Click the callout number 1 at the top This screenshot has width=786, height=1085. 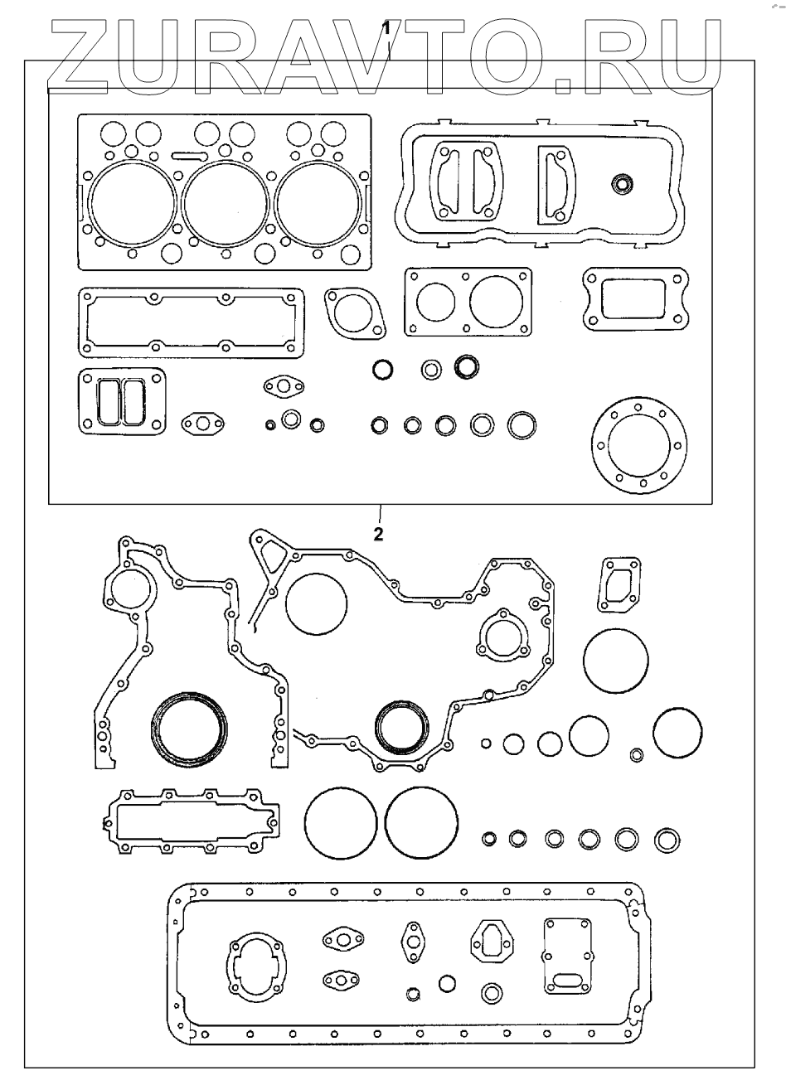pos(386,28)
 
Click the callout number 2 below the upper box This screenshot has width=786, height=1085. pos(378,535)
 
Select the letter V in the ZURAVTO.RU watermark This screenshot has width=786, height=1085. pos(412,54)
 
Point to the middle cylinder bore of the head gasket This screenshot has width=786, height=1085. pos(224,203)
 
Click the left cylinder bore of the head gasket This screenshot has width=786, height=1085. pos(133,203)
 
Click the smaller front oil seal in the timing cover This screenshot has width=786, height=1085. pos(403,728)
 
